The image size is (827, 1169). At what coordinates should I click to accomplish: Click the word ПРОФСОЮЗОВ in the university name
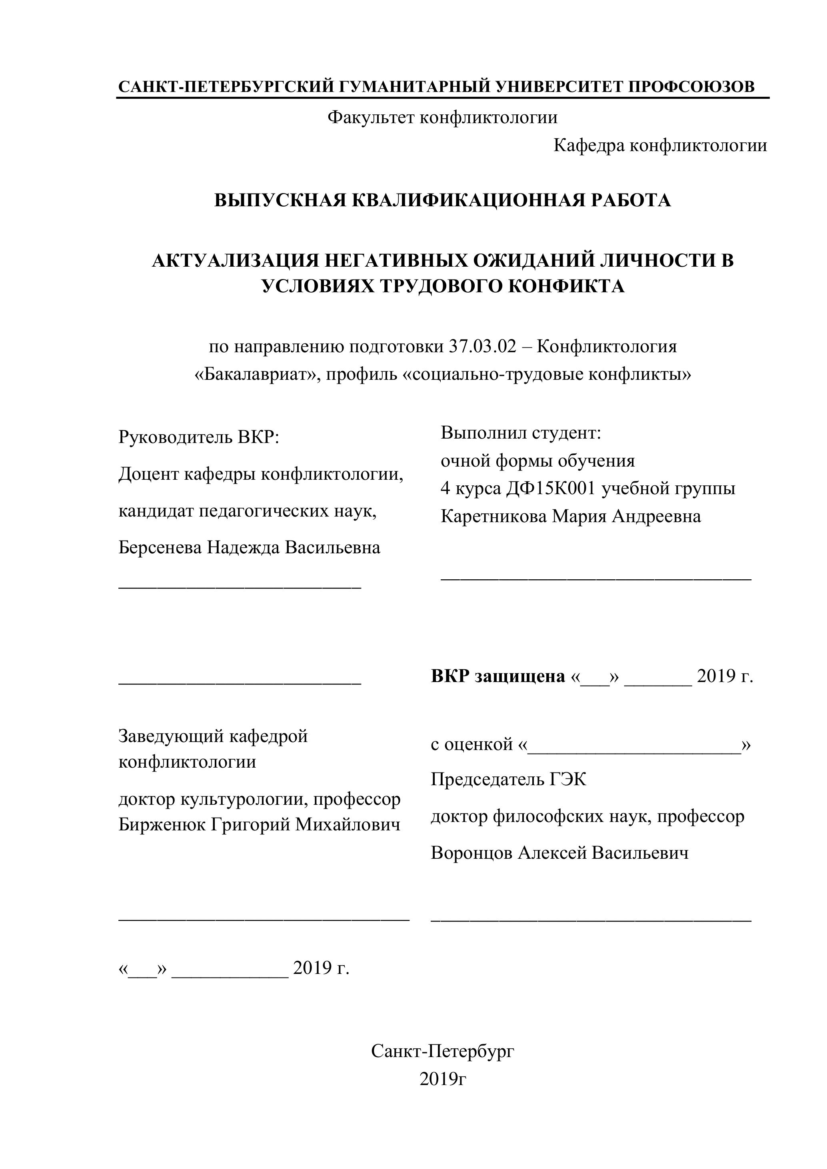(x=691, y=86)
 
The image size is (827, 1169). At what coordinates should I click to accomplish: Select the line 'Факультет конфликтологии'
(x=442, y=118)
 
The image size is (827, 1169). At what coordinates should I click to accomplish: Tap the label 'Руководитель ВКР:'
(x=199, y=437)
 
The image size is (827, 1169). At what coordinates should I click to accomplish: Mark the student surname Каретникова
(x=493, y=516)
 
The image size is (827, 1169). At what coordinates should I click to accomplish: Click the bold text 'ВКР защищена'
(x=497, y=676)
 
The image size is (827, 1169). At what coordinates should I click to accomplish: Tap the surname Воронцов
(x=471, y=853)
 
